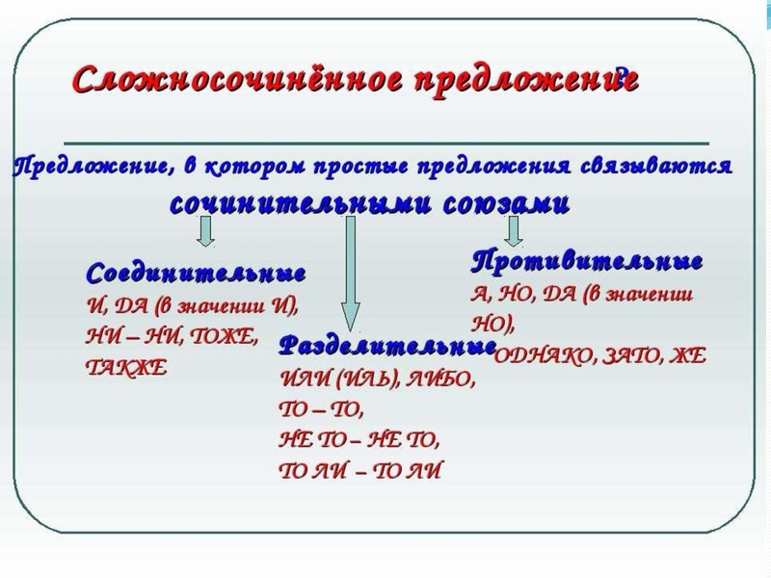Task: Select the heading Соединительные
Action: [x=196, y=273]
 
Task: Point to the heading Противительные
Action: [x=587, y=261]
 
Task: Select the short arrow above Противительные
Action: [x=514, y=229]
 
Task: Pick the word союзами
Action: [x=506, y=203]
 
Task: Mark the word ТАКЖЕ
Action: [x=126, y=366]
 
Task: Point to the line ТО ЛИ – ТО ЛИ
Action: [x=361, y=471]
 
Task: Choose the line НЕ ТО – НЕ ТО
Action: [x=358, y=440]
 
